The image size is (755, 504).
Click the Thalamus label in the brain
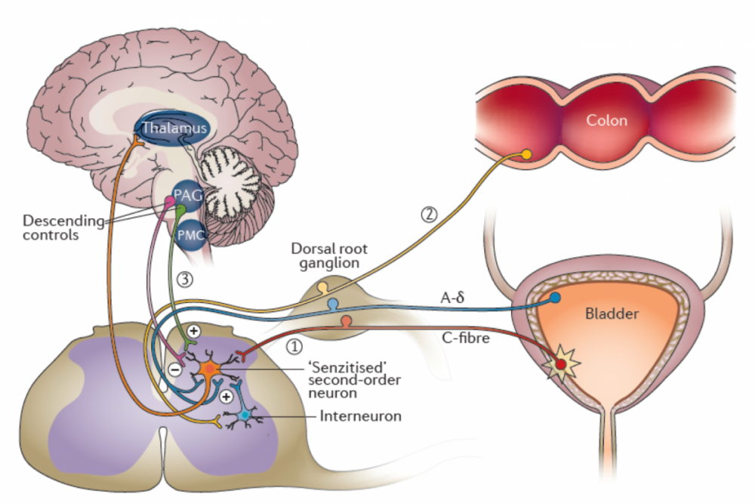pos(172,129)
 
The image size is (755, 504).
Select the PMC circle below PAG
pos(188,235)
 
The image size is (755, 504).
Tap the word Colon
pos(608,120)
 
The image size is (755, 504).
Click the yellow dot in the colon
pos(527,155)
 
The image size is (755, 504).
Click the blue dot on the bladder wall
pos(555,298)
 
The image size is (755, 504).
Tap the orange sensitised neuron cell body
pos(209,369)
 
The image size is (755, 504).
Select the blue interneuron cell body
pos(244,416)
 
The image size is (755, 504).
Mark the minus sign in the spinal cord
pos(174,369)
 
